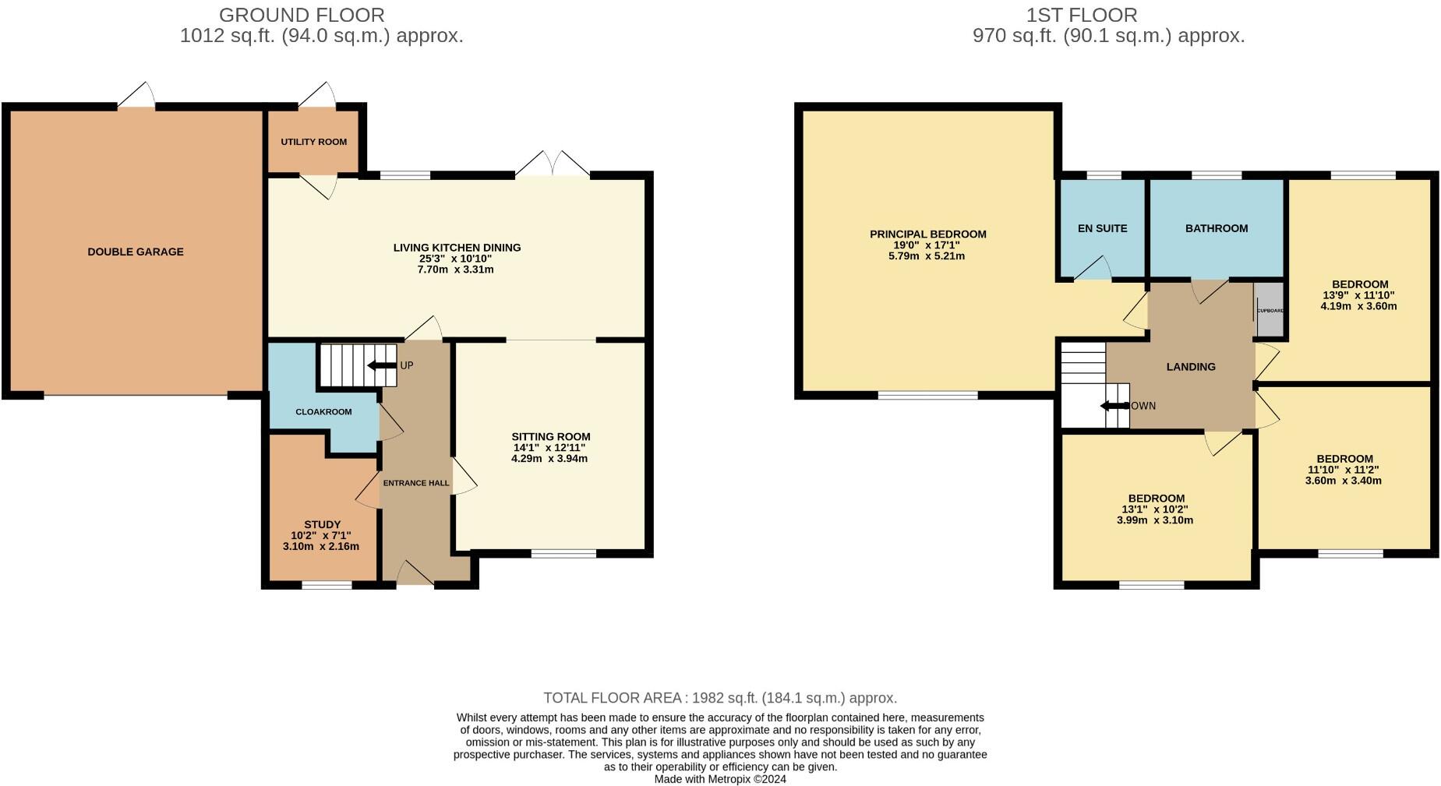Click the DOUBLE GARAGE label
[136, 252]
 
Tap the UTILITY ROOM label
[314, 142]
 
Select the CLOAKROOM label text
[323, 411]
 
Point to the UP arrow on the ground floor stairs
[381, 365]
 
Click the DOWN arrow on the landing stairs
[1114, 406]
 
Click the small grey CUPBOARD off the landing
[1269, 310]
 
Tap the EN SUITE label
[1102, 228]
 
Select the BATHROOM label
[1216, 228]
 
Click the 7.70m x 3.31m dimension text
[456, 270]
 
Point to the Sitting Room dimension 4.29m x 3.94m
[549, 458]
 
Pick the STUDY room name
[322, 524]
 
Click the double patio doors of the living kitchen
[552, 163]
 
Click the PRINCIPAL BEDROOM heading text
[927, 234]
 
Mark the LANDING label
[1190, 367]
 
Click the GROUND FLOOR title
[302, 15]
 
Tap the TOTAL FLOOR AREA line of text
[720, 698]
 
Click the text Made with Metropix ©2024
[720, 779]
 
